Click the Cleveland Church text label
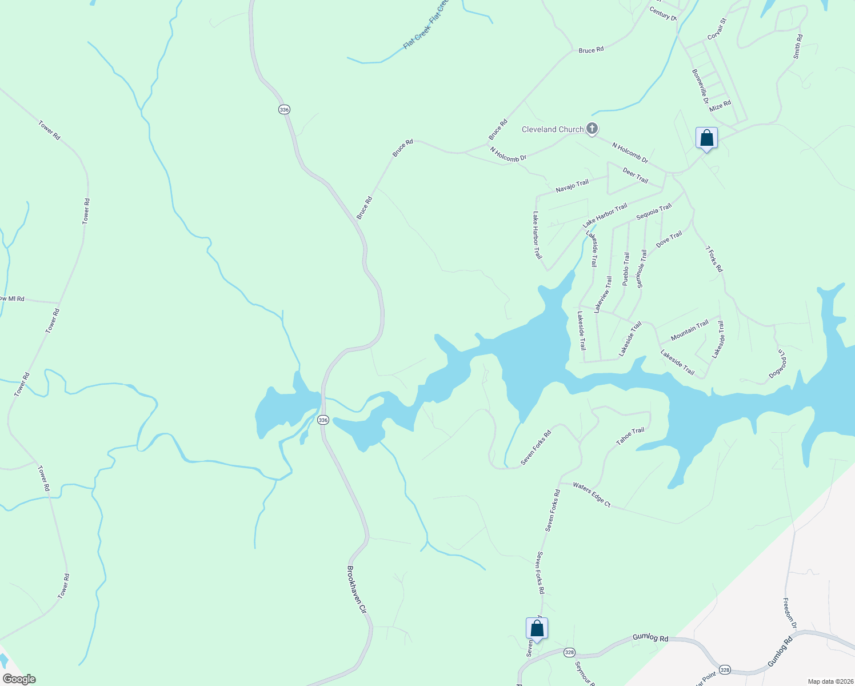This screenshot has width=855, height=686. pos(552,130)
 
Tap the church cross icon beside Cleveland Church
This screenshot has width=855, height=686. pos(592,129)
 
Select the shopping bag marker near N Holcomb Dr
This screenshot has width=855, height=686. pos(706,138)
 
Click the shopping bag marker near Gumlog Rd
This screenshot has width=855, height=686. pos(537,628)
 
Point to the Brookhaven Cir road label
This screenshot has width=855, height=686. pos(356,589)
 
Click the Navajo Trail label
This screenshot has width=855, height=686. pos(572,186)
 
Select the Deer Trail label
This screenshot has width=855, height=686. pos(635,176)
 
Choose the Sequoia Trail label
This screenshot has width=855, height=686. pos(654,212)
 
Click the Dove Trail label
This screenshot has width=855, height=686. pos(669,239)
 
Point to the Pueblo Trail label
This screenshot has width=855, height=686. pos(626,269)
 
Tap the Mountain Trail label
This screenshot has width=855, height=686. pos(689,330)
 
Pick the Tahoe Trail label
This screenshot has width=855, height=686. pos(630,436)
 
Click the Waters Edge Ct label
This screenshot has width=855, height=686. pos(592,494)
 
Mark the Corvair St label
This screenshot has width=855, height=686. pos(717,29)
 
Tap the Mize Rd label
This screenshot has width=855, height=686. pos(720,106)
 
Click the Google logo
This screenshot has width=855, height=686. pos(19,679)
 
